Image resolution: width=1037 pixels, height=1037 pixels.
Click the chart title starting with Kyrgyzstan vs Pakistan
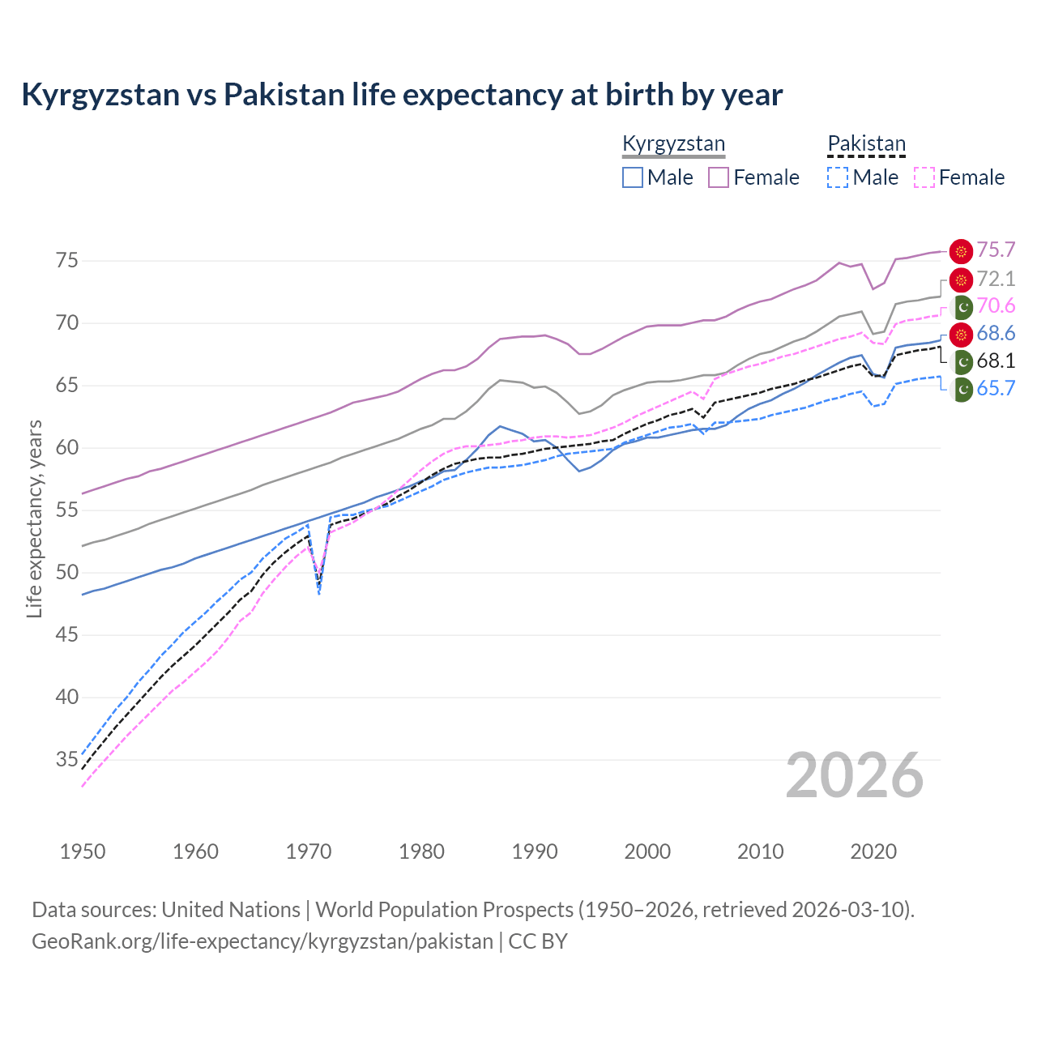point(402,95)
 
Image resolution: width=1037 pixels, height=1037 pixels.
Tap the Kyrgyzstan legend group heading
point(673,144)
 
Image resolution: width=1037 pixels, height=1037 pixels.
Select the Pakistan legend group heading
point(866,144)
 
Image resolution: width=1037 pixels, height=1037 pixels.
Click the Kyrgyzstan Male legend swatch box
point(633,177)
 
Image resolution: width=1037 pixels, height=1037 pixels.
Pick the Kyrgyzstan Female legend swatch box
point(719,177)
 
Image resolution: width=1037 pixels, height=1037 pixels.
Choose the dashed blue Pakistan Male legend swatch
point(838,177)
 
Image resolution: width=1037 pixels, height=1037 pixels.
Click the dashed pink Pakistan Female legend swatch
point(924,177)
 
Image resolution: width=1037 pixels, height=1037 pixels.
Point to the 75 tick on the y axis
point(67,261)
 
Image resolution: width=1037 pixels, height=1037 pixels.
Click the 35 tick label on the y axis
point(67,760)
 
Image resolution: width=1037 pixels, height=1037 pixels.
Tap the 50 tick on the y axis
point(67,573)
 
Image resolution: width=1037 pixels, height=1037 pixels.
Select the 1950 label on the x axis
point(83,851)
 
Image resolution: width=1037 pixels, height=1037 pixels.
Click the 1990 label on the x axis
point(535,851)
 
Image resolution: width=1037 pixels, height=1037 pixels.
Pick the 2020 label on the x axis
point(873,851)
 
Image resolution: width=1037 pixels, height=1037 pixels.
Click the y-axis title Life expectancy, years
point(34,518)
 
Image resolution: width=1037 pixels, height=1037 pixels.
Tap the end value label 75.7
point(996,250)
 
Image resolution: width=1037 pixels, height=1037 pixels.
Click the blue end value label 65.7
point(996,389)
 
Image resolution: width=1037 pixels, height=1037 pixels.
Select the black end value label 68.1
point(996,361)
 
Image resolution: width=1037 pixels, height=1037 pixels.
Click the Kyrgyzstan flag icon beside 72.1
point(961,280)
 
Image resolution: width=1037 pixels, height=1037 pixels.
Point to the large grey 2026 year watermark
point(855,775)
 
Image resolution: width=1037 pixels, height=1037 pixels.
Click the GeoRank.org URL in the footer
point(262,941)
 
